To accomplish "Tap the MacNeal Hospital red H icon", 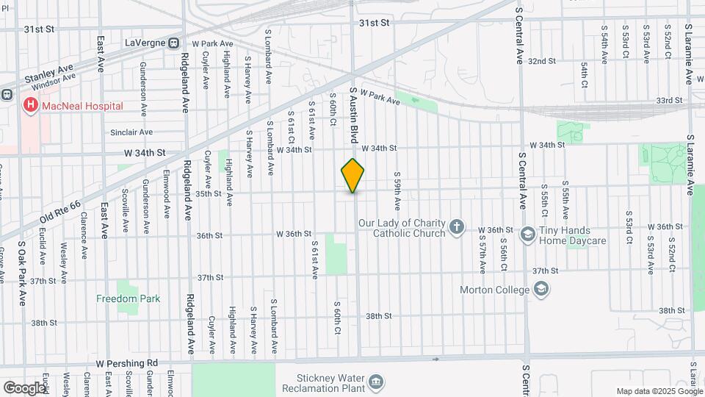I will point(30,106).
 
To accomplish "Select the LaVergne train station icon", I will point(174,43).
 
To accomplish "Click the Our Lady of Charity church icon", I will point(457,227).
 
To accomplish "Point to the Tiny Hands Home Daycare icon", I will point(527,235).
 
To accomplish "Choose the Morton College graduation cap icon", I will point(541,290).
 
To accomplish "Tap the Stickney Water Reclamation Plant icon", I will point(375,382).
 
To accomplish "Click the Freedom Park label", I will point(128,298).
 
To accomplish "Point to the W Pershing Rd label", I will point(127,363).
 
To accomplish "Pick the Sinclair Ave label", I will point(131,132).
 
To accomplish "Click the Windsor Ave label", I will point(54,85).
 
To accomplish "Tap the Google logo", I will point(24,387).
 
